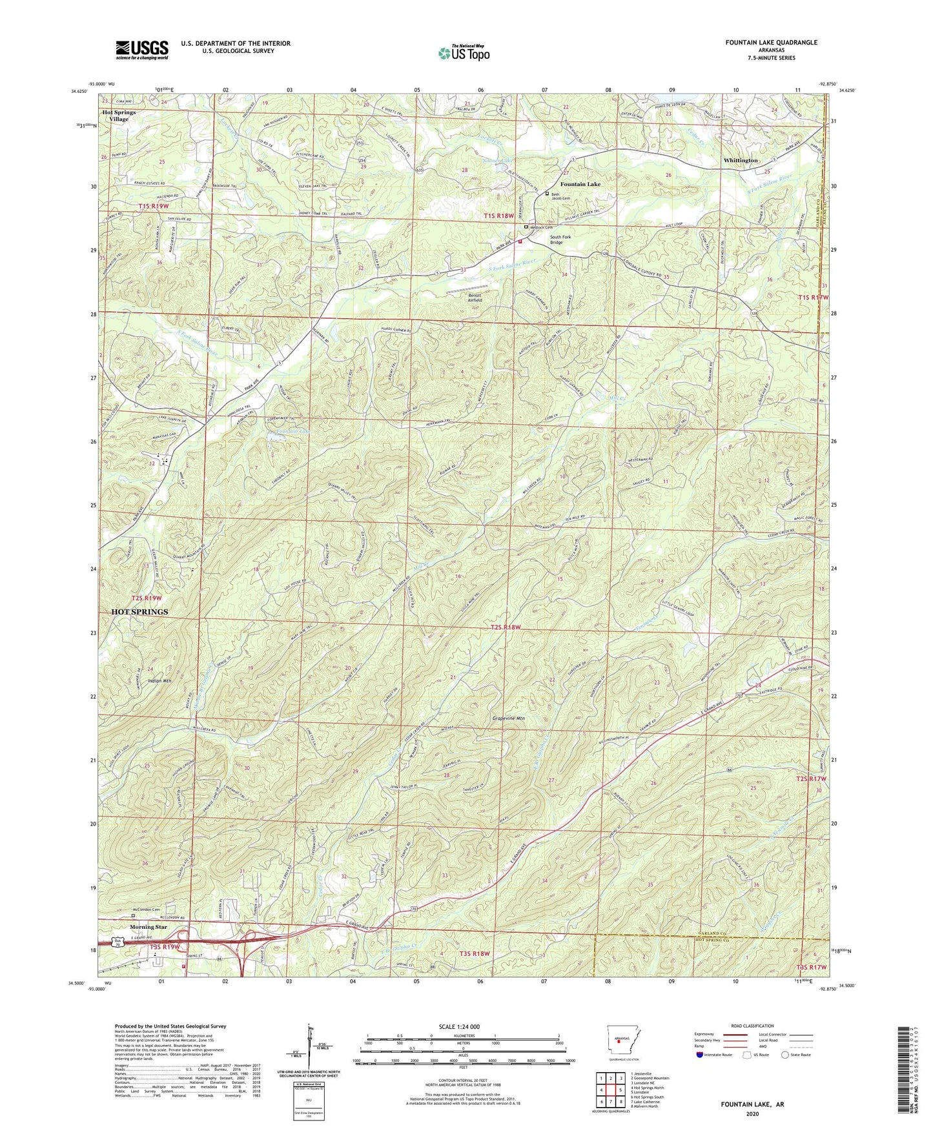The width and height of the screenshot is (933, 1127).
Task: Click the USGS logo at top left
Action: (x=141, y=49)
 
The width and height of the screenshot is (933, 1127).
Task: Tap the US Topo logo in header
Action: (x=464, y=53)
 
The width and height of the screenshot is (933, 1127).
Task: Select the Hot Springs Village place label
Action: (x=119, y=116)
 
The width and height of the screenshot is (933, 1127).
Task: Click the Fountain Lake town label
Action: (x=580, y=184)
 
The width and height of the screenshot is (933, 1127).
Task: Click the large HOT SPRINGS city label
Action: (x=139, y=611)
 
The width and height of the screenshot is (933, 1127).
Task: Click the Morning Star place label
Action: (x=149, y=927)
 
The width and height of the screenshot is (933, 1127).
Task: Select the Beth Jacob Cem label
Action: (x=560, y=196)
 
